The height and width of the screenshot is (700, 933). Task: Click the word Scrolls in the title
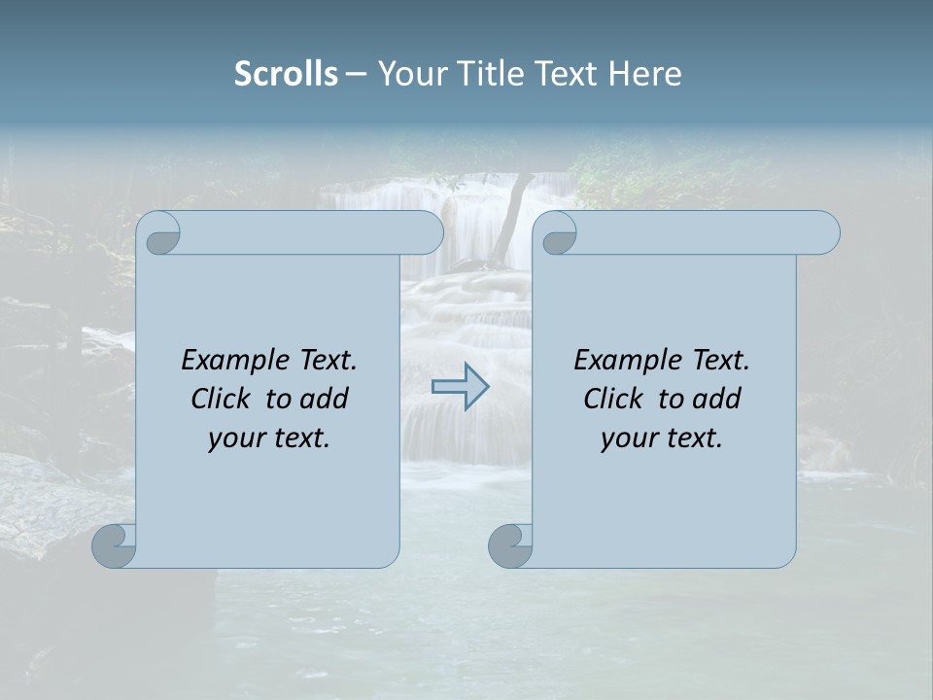286,74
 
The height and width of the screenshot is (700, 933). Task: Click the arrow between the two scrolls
461,387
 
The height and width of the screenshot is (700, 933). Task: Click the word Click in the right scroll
613,399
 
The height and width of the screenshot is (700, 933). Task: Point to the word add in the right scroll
715,399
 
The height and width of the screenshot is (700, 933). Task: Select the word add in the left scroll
323,399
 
